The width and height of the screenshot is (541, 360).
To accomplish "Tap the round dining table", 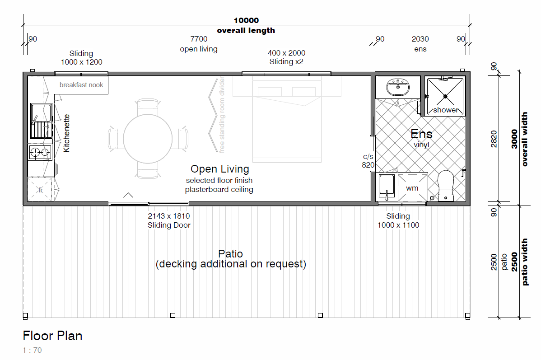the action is point(148,139).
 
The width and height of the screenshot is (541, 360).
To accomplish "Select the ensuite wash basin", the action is point(398,87).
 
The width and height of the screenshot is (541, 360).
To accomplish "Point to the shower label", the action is point(446,110).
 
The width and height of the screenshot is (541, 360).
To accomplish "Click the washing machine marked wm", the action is point(412,187).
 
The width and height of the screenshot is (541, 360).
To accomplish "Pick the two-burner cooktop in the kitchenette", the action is point(40,152).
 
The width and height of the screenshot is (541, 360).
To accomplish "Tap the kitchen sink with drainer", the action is point(41,121).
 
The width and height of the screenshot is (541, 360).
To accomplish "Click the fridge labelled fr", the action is point(40,189).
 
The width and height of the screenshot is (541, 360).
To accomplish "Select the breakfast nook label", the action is point(81,85).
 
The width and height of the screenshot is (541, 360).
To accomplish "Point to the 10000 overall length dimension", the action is point(246,20).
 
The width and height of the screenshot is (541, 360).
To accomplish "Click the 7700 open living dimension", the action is point(199,39).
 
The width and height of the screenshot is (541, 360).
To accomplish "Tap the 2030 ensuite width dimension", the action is point(420,39).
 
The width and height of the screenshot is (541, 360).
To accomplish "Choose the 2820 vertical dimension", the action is point(494,139).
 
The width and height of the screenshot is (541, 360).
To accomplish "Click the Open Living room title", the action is point(220,169).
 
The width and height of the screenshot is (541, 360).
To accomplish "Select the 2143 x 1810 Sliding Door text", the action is point(169,220).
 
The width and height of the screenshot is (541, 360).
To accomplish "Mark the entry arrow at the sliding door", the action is point(128,204).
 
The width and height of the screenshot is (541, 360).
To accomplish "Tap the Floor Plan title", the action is point(52,336).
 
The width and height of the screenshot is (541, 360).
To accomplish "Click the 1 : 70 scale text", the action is point(32,350).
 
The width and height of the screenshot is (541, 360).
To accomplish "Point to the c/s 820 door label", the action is point(368,161).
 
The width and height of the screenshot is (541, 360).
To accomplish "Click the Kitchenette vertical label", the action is point(66,133).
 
